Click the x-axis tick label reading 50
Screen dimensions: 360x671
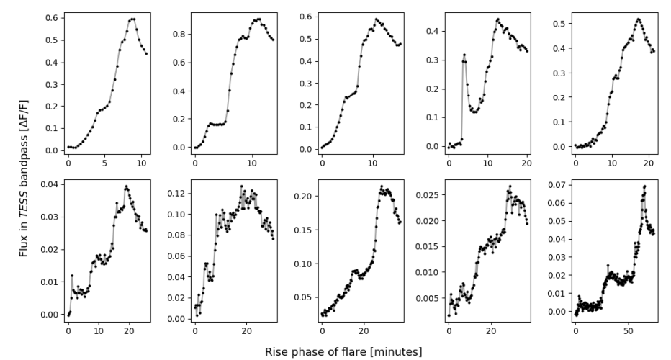tap(628, 329)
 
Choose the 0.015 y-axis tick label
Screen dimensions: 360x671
tap(428, 246)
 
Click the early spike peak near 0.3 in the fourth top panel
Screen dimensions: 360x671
tap(464, 54)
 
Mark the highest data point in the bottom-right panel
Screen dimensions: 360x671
tap(644, 186)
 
